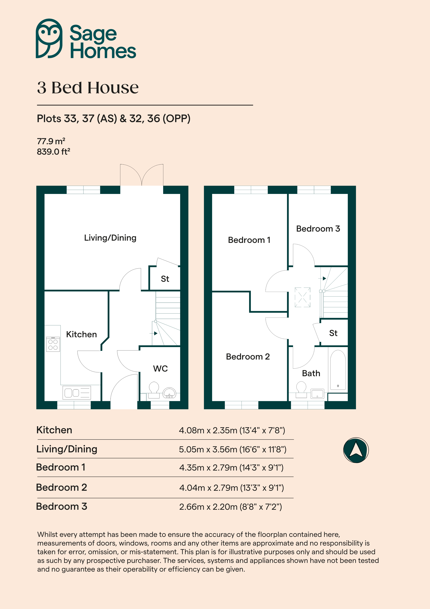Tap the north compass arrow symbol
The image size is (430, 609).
[356, 450]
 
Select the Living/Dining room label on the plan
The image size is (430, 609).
[110, 238]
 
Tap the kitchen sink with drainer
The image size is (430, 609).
[77, 393]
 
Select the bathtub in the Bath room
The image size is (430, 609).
[338, 370]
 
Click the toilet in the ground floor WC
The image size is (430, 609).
[154, 390]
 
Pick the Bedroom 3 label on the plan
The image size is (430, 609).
[318, 229]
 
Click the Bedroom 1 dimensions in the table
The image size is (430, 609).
[231, 468]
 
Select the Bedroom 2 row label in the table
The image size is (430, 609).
[62, 487]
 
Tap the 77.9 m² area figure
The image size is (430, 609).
[51, 141]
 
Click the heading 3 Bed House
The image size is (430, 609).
[88, 87]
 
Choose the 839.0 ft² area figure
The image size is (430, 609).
[54, 152]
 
